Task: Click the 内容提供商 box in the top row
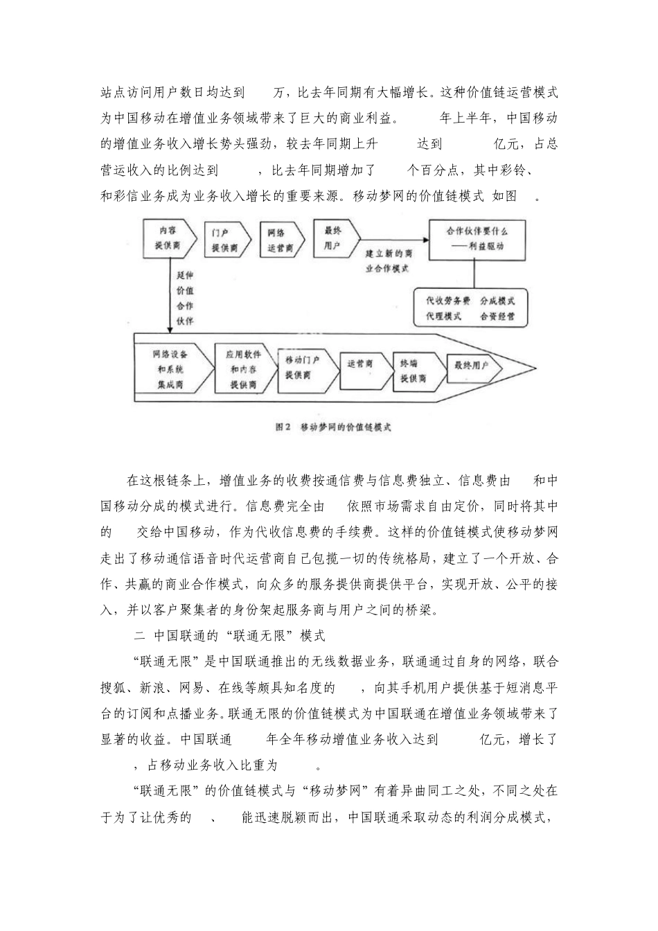click(166, 238)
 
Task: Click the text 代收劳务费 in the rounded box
click(447, 301)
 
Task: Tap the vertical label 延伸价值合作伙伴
click(185, 299)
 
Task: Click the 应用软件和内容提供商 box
click(242, 369)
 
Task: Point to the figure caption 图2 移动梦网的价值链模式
click(333, 427)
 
